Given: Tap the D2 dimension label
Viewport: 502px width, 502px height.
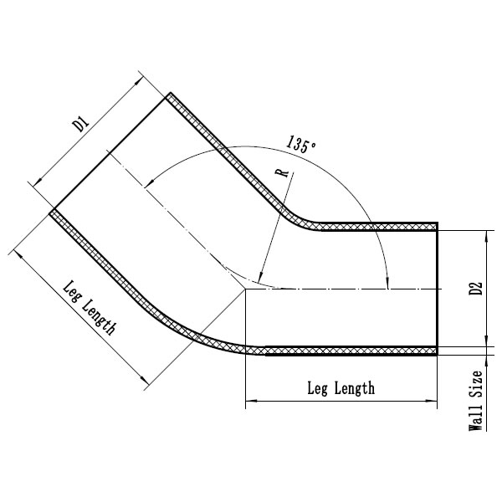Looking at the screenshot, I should point(475,289).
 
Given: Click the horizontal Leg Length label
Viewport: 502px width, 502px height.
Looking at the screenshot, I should point(341,388).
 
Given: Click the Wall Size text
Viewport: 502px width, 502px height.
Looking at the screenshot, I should point(476,401).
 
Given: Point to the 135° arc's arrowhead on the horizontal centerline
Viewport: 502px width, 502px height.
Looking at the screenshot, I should point(387,283).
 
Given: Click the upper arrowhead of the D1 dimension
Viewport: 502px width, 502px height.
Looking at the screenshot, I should point(139,79).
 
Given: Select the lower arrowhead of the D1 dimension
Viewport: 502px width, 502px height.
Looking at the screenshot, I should point(35,182).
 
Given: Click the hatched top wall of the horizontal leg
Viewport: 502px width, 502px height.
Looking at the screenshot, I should point(376,226).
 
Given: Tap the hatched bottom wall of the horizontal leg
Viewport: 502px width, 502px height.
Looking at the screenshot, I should point(351,351).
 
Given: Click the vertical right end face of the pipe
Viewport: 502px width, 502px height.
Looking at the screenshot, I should point(437,289).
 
